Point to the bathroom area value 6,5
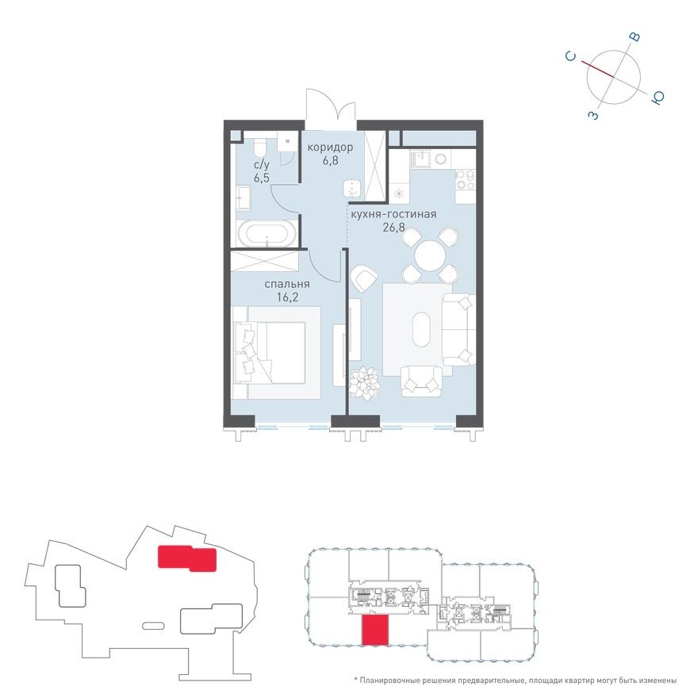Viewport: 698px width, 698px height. click(x=261, y=178)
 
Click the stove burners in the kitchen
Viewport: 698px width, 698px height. click(x=462, y=180)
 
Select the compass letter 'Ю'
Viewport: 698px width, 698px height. click(x=658, y=98)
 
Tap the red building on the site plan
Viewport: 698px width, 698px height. click(x=187, y=558)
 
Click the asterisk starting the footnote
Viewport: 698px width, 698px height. click(x=356, y=681)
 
